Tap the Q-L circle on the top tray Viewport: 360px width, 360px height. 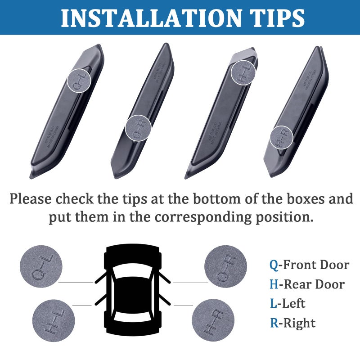(x=79, y=80)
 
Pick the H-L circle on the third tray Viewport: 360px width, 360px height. (x=243, y=72)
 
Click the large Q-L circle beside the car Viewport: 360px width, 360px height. (x=41, y=266)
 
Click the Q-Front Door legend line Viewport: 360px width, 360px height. (x=309, y=265)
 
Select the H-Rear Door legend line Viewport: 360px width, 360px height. (x=307, y=284)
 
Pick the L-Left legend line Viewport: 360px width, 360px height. (x=288, y=304)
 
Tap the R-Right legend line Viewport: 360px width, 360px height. (x=292, y=323)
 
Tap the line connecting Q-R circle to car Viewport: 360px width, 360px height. (x=190, y=283)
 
